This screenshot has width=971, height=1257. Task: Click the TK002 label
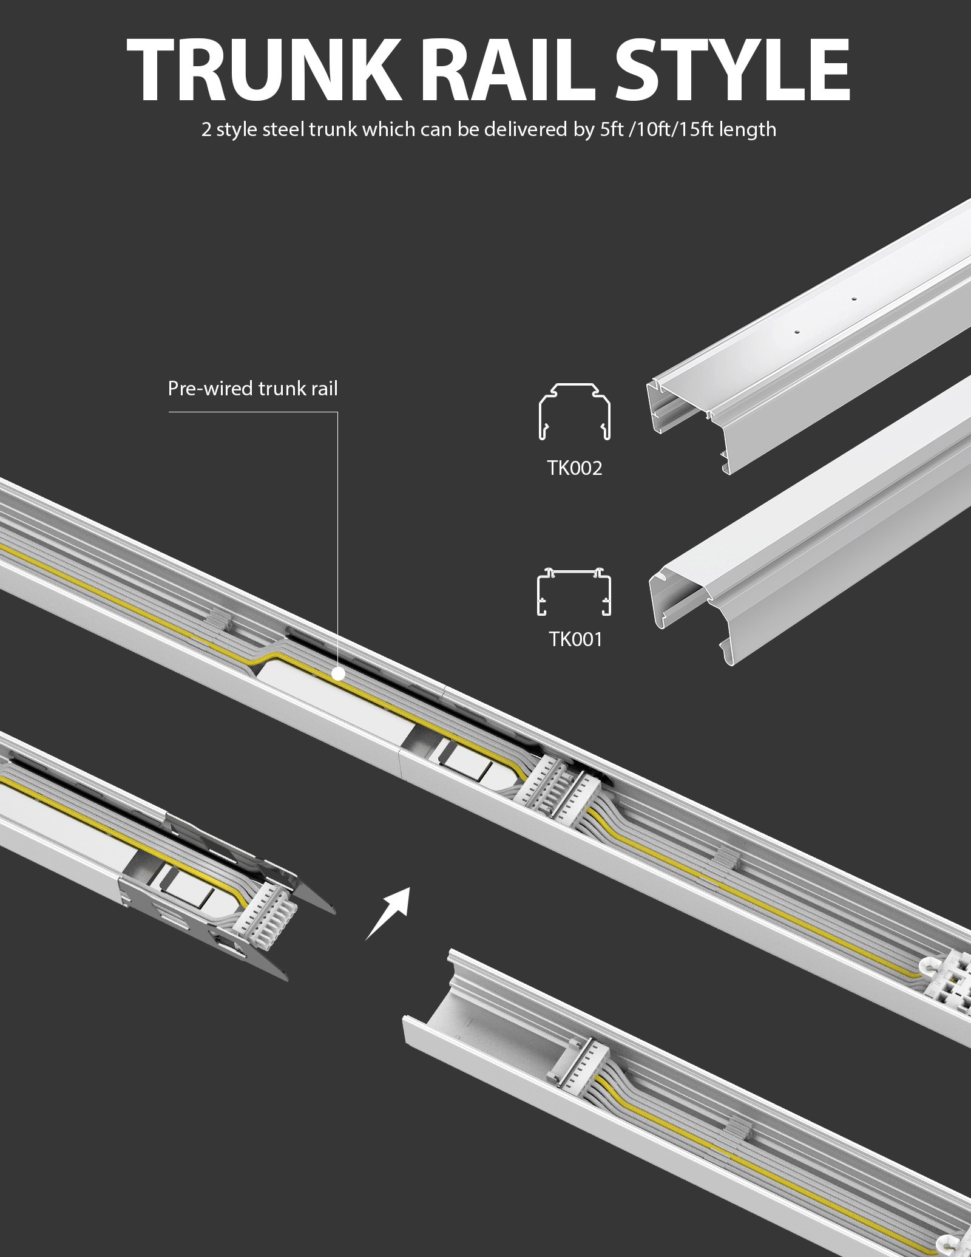(x=574, y=468)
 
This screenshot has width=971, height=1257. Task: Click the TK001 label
(x=575, y=639)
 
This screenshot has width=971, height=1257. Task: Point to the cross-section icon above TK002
(x=575, y=411)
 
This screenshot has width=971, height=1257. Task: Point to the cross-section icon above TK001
(x=574, y=593)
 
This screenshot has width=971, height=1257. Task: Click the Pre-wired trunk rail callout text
(x=252, y=389)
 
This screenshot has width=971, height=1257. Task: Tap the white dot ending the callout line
(x=338, y=673)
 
